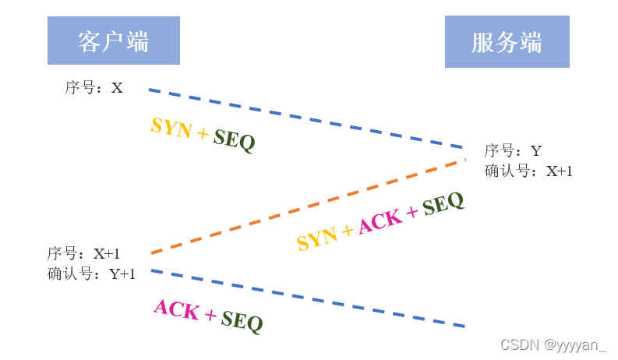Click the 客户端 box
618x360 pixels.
click(x=113, y=41)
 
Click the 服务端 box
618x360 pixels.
click(x=507, y=42)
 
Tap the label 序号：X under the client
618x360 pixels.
click(x=94, y=88)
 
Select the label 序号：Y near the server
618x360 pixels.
click(x=513, y=151)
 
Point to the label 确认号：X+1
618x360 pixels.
click(x=528, y=171)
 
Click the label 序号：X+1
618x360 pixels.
click(x=83, y=254)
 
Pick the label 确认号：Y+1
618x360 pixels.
click(x=91, y=274)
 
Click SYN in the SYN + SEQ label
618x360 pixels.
click(x=171, y=127)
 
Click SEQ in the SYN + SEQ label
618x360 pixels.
click(x=234, y=140)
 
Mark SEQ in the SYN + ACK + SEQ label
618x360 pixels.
click(x=442, y=204)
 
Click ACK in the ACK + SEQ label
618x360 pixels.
click(x=176, y=309)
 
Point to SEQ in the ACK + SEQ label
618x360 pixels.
click(x=242, y=321)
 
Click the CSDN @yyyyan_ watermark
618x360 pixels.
click(x=553, y=344)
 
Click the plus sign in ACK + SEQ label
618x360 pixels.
click(x=210, y=315)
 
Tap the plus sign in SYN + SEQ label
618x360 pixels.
click(x=203, y=134)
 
